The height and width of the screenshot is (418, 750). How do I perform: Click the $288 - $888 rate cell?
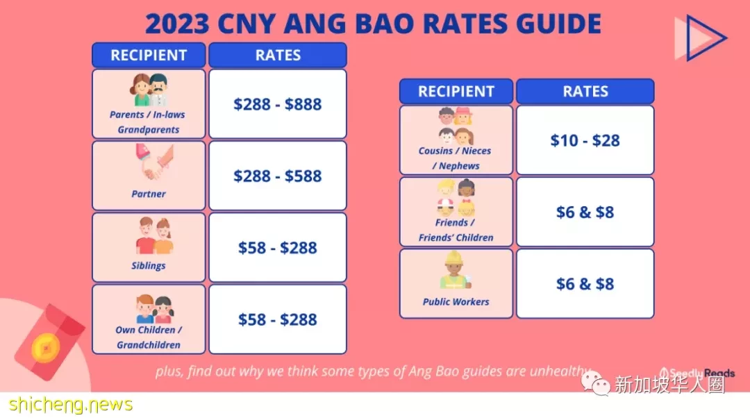[277, 103]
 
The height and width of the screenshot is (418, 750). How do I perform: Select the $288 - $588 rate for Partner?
[277, 176]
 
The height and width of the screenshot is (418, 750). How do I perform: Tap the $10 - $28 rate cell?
[585, 140]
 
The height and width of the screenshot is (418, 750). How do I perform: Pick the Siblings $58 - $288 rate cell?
[277, 247]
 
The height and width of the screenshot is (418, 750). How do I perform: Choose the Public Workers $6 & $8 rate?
[585, 283]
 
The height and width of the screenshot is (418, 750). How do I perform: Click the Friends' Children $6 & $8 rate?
[585, 212]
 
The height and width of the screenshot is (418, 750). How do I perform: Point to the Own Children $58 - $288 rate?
[277, 319]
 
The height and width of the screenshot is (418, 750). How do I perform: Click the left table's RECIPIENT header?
[149, 55]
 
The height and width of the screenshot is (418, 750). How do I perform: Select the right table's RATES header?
[585, 91]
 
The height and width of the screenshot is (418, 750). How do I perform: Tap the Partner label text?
[149, 194]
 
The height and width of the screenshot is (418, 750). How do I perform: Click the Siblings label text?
[149, 265]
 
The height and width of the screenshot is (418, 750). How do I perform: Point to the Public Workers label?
[456, 302]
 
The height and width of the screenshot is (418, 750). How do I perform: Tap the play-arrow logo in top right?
[701, 37]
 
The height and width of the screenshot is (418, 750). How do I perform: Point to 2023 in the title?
[178, 24]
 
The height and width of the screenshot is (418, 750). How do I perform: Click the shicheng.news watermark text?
[70, 405]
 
